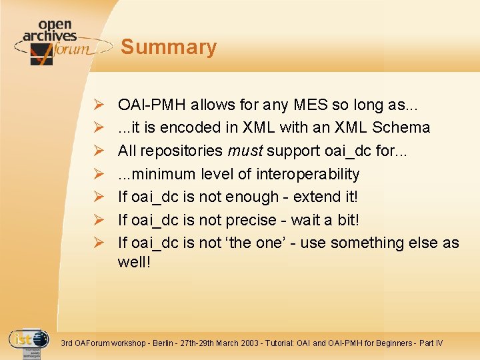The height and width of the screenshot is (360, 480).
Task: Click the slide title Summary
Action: (x=169, y=47)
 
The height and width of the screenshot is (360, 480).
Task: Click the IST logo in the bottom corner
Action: (x=28, y=342)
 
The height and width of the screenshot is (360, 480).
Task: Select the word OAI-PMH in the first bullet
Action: (x=151, y=105)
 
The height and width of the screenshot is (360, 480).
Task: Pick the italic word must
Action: (x=243, y=151)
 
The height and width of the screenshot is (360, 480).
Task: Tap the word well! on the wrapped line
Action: (x=135, y=262)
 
